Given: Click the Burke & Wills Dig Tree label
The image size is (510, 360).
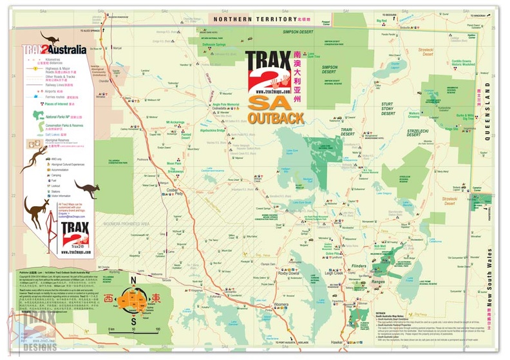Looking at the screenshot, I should coord(465,117).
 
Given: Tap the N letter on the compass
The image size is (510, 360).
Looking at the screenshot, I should coord(134,281).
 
